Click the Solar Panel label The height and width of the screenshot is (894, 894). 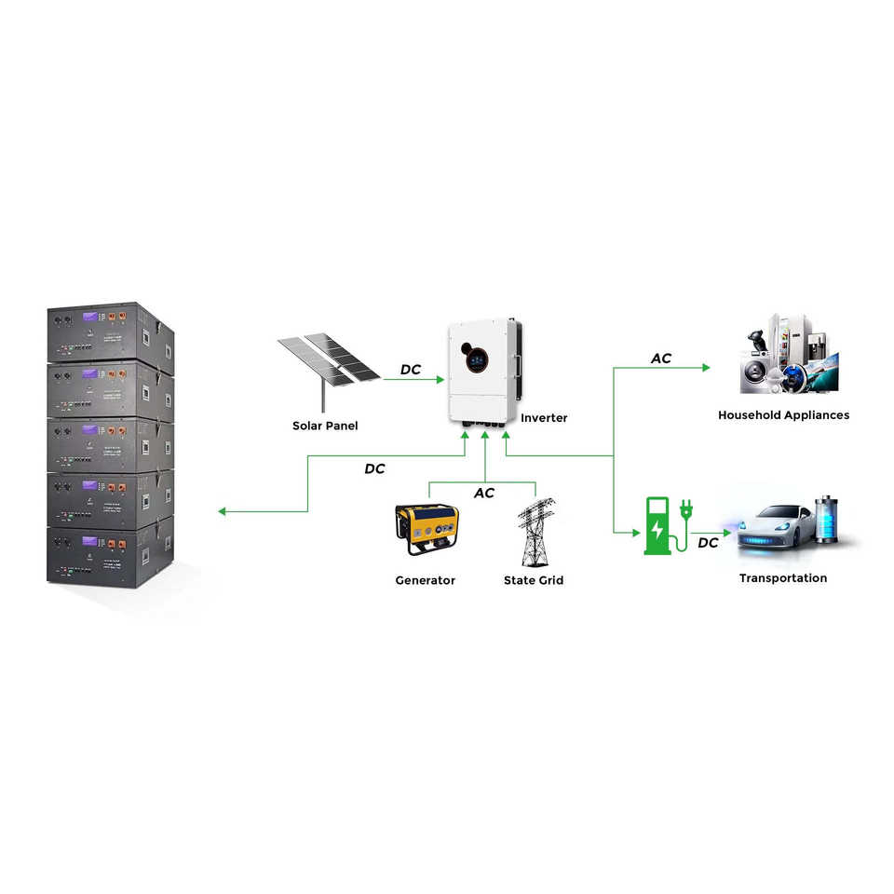click(324, 426)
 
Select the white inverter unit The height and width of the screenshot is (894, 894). click(481, 372)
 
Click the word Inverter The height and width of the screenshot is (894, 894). click(544, 418)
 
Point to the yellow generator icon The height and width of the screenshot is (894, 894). click(427, 530)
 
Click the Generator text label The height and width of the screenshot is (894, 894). click(426, 580)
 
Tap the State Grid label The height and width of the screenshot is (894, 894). click(534, 580)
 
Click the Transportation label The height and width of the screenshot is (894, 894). click(782, 578)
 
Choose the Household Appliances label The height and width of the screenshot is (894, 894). click(783, 415)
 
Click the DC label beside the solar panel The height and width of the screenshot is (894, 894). click(411, 370)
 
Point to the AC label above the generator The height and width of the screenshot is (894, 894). click(484, 494)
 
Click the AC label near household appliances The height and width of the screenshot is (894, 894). click(661, 359)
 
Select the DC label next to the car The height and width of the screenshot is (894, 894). click(708, 543)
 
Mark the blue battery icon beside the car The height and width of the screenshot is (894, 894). click(827, 520)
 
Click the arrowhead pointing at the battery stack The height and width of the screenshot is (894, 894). click(222, 511)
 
